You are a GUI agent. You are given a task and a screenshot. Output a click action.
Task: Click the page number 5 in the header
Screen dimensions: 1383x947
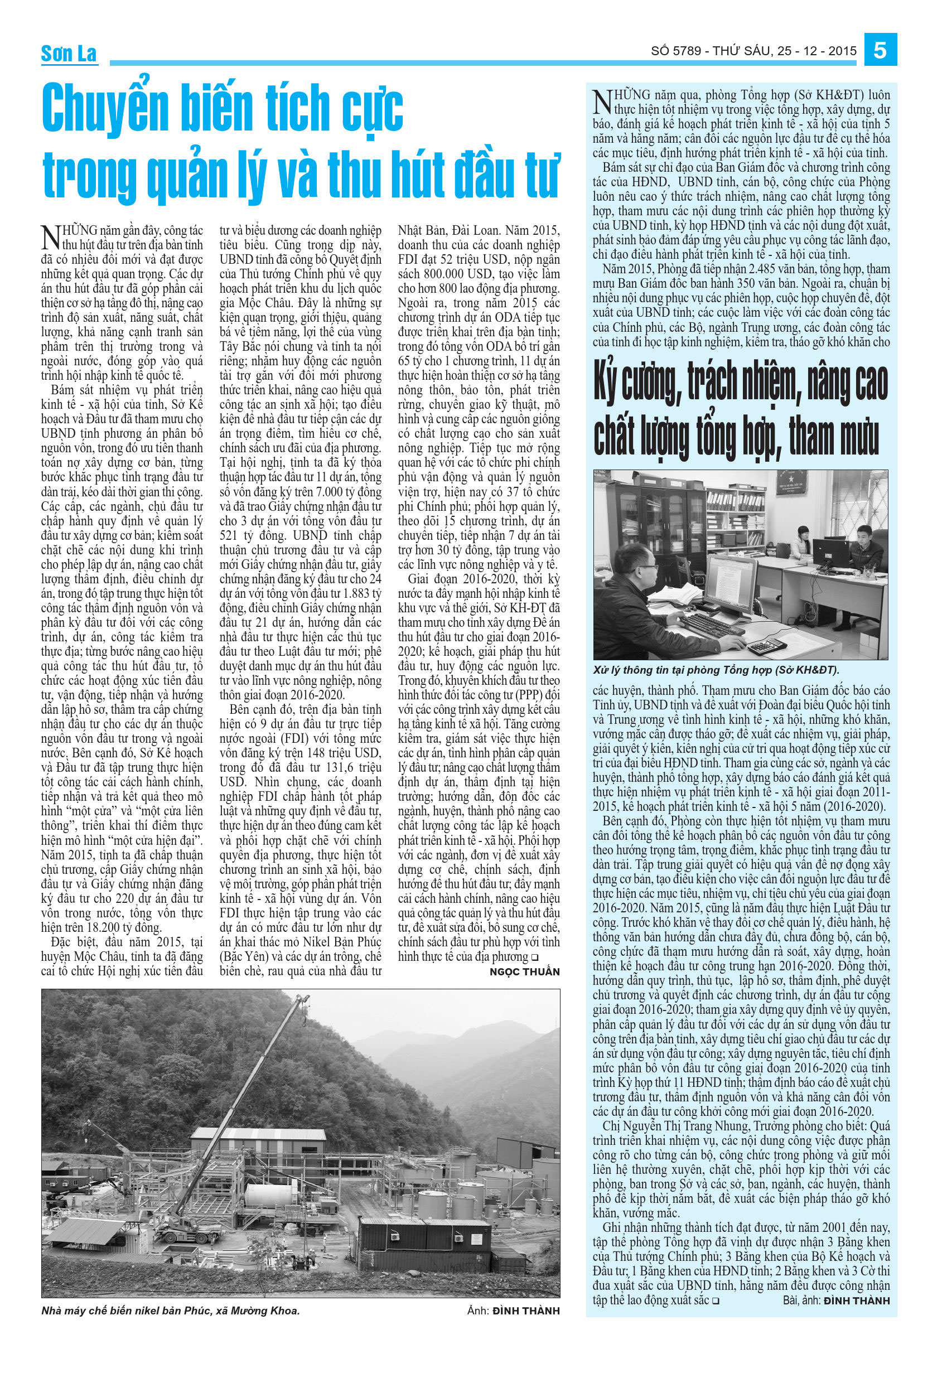tap(879, 50)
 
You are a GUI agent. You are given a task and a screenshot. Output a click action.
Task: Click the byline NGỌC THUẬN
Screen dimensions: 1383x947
tap(524, 972)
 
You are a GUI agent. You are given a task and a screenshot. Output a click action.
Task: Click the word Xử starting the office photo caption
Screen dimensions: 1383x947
tap(601, 670)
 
